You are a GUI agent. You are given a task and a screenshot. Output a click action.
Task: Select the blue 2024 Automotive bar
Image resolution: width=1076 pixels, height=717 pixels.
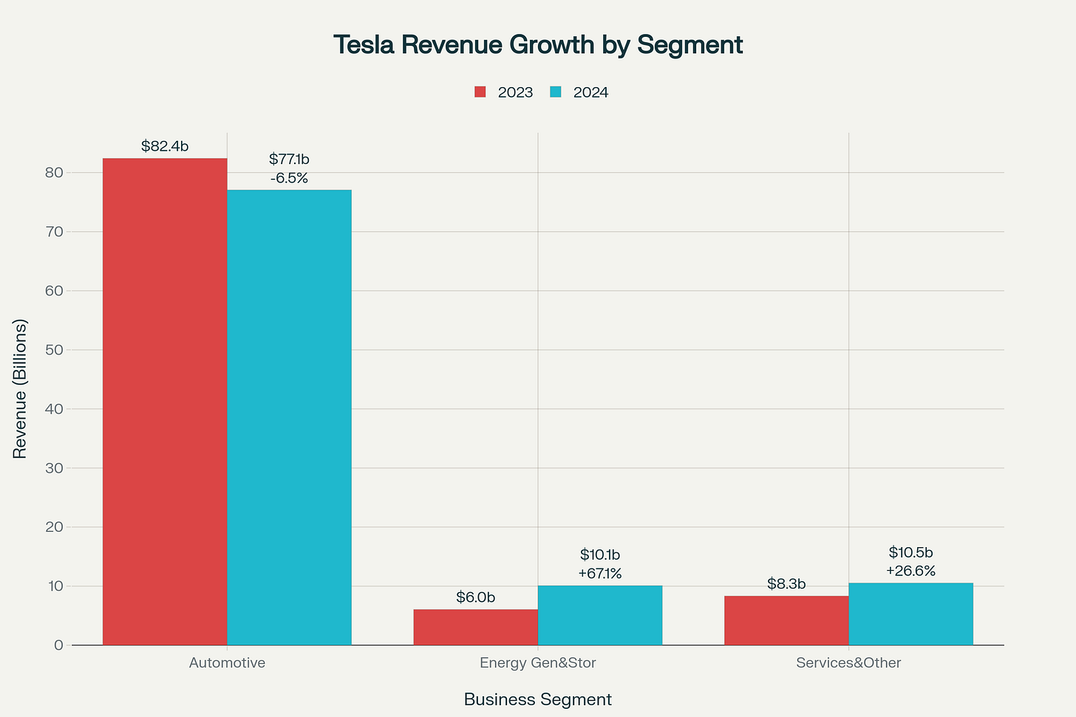point(289,417)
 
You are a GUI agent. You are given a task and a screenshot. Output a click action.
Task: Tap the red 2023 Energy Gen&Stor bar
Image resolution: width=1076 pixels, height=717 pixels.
point(475,627)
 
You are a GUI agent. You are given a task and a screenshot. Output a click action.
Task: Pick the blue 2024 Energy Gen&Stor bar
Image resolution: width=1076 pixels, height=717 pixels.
point(599,615)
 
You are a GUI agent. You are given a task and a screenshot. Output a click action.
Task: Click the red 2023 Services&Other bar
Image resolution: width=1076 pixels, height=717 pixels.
point(786,620)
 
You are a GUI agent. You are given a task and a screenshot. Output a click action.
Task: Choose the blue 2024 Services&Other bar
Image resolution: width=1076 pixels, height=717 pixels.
point(910,614)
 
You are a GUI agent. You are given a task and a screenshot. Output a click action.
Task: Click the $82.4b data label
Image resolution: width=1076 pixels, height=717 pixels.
point(165,146)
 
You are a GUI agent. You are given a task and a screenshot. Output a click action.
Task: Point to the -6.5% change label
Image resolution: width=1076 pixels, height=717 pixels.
point(289,178)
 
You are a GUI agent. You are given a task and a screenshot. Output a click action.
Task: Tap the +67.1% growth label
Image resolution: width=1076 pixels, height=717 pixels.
point(599,574)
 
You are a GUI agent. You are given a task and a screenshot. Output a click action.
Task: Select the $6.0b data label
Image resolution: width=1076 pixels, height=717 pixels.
point(475,597)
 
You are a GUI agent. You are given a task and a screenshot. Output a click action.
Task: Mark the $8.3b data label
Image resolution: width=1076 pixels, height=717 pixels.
point(786,584)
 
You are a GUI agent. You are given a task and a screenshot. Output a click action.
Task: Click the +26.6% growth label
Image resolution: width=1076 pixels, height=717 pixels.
point(910,571)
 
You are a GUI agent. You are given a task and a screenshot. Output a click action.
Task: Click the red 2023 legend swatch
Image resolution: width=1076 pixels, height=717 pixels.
point(480,92)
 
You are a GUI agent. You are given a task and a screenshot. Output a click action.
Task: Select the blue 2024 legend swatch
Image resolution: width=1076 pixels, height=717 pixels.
point(556,92)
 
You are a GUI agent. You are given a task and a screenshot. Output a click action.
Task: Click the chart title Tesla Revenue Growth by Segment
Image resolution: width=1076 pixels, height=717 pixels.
point(538,44)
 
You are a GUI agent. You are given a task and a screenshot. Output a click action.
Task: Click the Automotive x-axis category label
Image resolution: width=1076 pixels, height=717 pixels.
point(227,663)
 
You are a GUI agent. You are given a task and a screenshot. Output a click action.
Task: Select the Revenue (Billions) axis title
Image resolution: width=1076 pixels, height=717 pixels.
point(20,388)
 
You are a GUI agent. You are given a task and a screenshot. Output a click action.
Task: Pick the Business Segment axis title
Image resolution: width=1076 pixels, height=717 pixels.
point(538,699)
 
